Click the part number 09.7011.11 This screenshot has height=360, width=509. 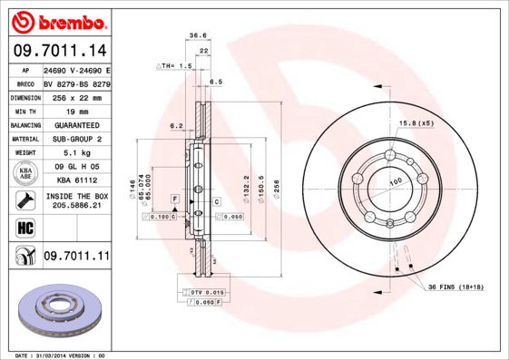(76, 258)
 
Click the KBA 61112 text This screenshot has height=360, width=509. (75, 180)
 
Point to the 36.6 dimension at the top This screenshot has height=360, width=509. (197, 35)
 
